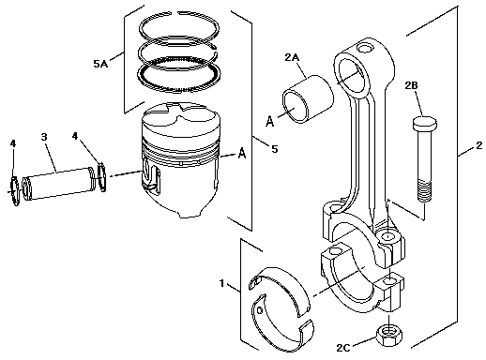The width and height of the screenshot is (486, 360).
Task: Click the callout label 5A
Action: tap(100, 64)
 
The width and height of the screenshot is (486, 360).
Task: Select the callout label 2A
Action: tap(292, 57)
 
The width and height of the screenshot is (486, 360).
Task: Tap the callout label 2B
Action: tap(411, 85)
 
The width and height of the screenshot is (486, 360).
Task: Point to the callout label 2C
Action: tap(343, 348)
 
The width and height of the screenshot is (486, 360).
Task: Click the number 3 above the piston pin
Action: tap(44, 137)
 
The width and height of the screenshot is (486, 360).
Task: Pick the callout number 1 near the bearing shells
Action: tap(222, 283)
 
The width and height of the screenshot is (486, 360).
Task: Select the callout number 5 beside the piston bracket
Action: tap(274, 149)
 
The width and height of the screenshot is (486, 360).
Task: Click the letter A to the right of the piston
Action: tap(242, 154)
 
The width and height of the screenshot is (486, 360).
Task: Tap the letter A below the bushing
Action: tap(269, 121)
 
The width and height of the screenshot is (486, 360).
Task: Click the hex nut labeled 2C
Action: tap(389, 335)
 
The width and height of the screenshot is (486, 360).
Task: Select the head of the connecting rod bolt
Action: tap(425, 123)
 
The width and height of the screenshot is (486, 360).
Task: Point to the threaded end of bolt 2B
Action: tap(424, 190)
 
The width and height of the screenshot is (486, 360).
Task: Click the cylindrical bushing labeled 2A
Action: tap(308, 99)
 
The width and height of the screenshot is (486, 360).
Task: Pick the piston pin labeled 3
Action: tap(58, 184)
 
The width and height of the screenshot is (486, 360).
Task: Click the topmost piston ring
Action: tap(179, 27)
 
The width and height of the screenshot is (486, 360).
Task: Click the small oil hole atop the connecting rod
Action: tap(365, 48)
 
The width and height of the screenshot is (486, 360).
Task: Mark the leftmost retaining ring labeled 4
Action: tap(14, 190)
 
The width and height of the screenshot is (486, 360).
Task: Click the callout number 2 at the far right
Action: tap(478, 145)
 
